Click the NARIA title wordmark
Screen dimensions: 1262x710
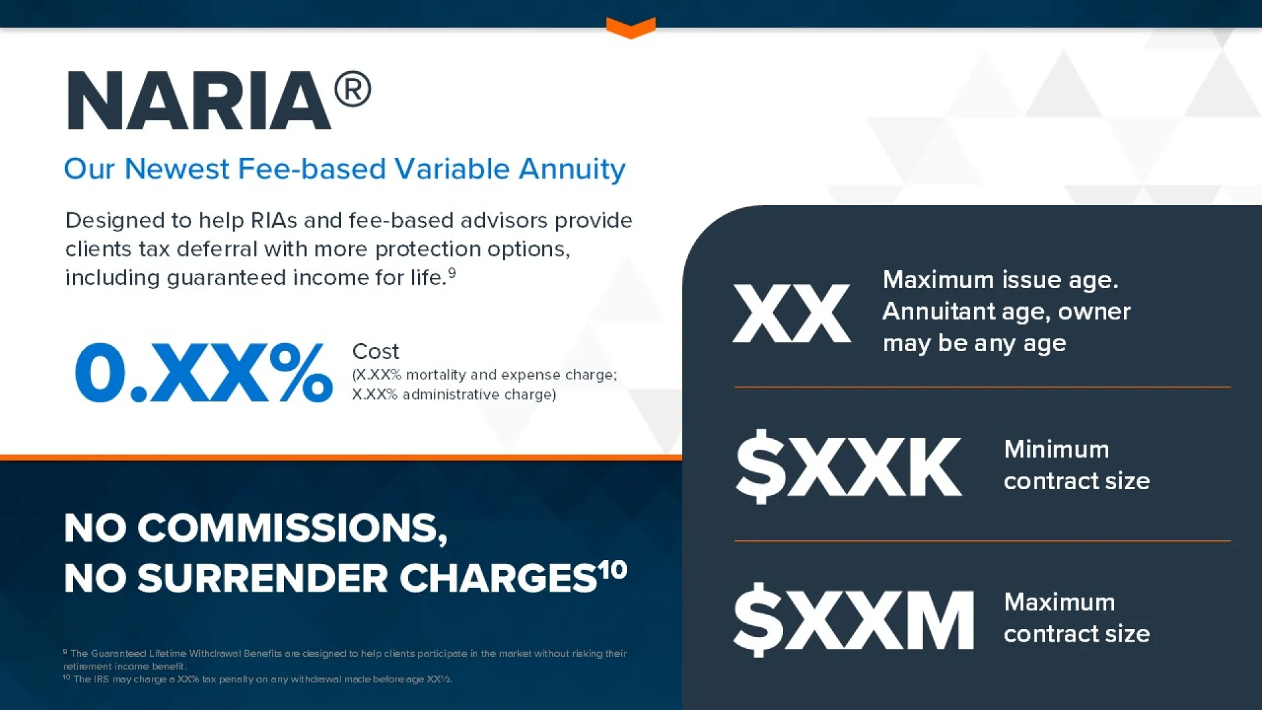(x=199, y=101)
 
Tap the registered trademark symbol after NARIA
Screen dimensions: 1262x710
(x=353, y=89)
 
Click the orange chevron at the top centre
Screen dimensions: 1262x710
(x=631, y=28)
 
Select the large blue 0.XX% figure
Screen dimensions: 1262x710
(x=204, y=372)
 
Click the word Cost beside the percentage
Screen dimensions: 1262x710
(x=375, y=352)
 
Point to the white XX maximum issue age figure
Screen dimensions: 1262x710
(x=792, y=313)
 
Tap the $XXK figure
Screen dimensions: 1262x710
(x=849, y=466)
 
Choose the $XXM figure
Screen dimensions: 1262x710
(x=854, y=619)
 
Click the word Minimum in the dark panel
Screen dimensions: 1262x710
(x=1056, y=449)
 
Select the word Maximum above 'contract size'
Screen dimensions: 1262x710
(x=1059, y=602)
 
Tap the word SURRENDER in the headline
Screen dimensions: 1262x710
(x=263, y=579)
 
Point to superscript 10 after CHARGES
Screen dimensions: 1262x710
(x=613, y=569)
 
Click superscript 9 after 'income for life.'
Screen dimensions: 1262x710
(x=452, y=272)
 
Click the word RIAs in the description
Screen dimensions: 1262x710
(x=274, y=220)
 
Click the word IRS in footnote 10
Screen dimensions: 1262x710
(x=101, y=679)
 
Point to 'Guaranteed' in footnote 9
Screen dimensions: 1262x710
(x=119, y=653)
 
